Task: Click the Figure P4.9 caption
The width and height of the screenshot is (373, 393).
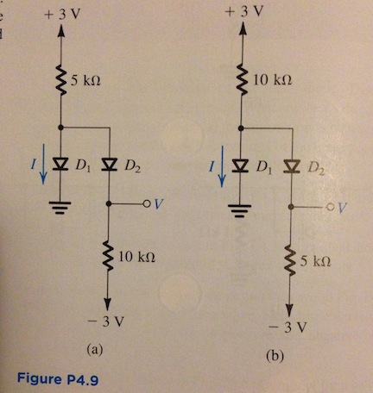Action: [x=58, y=378]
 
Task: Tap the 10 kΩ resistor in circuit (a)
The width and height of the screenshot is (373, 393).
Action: [x=108, y=257]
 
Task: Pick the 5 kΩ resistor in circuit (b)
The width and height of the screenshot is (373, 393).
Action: [x=291, y=260]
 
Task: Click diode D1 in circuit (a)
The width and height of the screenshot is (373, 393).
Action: [x=60, y=164]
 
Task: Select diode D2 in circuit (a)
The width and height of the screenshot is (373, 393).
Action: [x=110, y=165]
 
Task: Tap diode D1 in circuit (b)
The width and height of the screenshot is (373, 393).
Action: [x=241, y=165]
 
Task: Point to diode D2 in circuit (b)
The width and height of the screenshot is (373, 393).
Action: [x=292, y=166]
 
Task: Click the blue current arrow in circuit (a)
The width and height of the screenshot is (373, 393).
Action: [x=43, y=164]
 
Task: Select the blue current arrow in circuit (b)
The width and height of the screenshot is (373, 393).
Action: [x=222, y=166]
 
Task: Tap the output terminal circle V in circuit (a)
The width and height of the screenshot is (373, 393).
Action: [x=147, y=204]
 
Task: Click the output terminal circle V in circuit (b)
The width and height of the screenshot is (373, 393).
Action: [x=330, y=207]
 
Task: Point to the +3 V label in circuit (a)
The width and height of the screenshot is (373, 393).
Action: [x=61, y=15]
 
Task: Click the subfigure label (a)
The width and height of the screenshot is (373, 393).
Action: [x=95, y=350]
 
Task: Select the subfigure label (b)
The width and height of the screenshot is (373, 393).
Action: [x=275, y=356]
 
